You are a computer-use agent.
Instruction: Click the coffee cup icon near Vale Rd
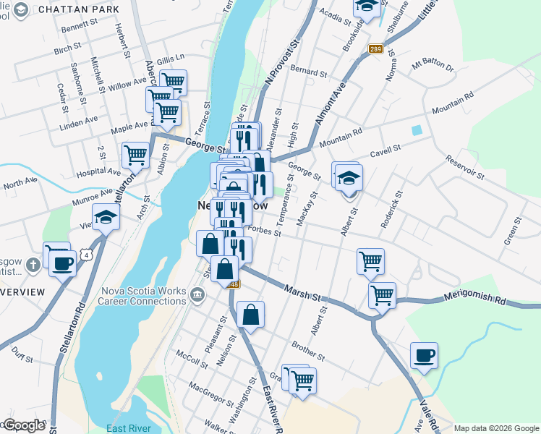click(x=424, y=355)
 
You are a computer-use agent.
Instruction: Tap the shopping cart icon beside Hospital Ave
click(x=136, y=154)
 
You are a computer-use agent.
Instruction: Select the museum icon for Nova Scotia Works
click(x=197, y=294)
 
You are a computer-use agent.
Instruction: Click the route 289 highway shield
click(x=375, y=49)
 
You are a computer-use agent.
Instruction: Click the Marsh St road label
click(x=302, y=292)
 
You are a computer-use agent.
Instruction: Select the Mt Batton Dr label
click(x=432, y=68)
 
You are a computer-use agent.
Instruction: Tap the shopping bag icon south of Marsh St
click(x=250, y=315)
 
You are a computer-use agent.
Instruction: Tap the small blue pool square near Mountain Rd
click(x=417, y=131)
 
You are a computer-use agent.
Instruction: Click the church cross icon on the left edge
click(x=33, y=265)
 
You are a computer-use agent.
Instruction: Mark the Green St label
click(x=512, y=235)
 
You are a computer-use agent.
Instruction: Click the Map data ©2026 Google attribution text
click(x=496, y=428)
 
